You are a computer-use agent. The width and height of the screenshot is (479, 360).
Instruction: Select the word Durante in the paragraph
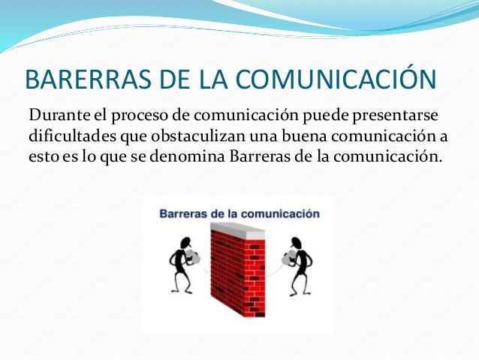click(x=58, y=116)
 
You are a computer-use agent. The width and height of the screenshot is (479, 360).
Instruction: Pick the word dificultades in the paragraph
click(x=68, y=138)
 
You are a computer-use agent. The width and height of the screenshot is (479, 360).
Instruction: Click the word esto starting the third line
click(x=41, y=159)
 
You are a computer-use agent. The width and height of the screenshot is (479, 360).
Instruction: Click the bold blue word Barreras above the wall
click(x=182, y=213)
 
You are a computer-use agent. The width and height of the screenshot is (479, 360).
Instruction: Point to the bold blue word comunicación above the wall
click(x=283, y=213)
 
